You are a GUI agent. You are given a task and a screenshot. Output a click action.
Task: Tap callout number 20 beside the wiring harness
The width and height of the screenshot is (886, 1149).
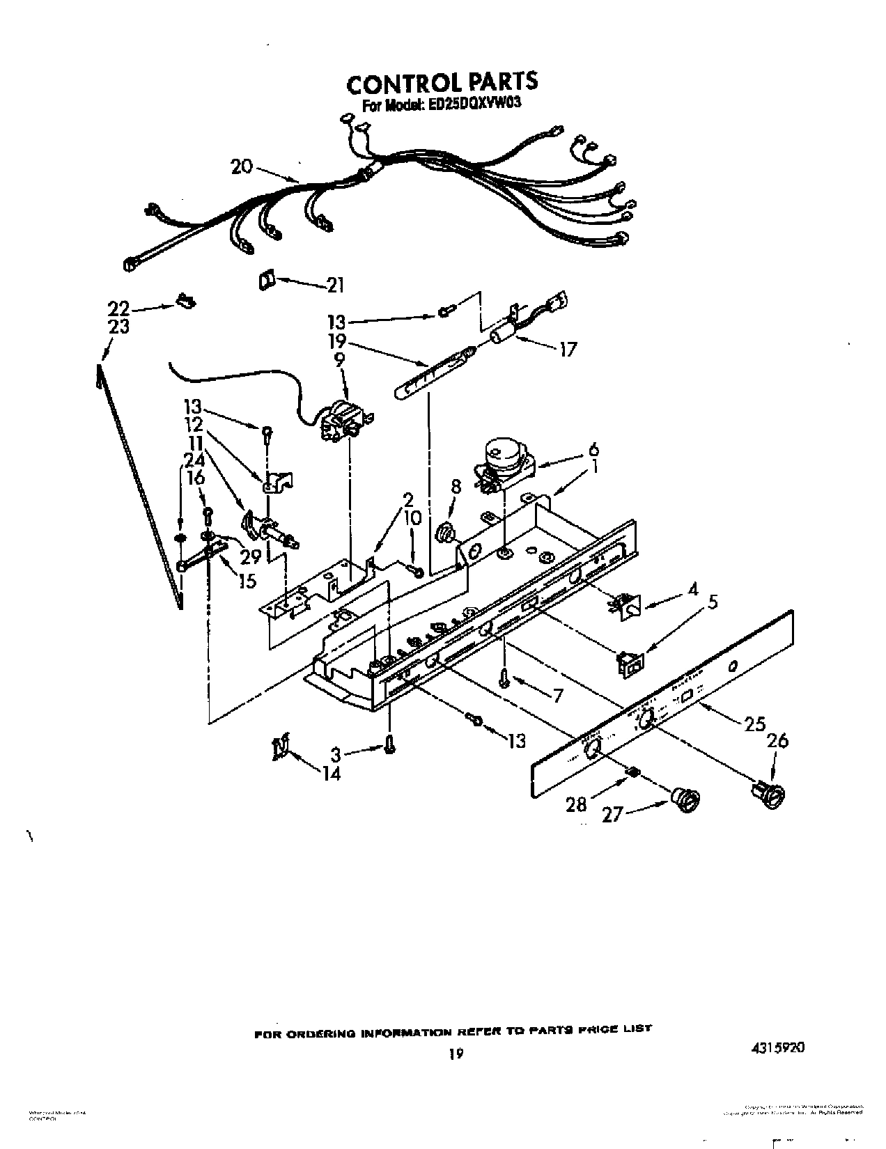point(242,166)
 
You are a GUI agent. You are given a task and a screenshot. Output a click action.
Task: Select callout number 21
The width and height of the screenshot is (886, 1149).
point(335,285)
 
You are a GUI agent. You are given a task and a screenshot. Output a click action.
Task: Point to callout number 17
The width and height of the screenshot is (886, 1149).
point(568,349)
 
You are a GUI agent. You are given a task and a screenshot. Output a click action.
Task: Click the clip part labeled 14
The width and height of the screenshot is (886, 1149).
point(281,747)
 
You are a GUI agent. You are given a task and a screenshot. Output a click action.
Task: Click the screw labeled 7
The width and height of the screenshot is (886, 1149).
point(503,679)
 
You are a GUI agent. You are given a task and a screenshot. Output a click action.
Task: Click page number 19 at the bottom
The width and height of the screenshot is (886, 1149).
point(455,1055)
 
